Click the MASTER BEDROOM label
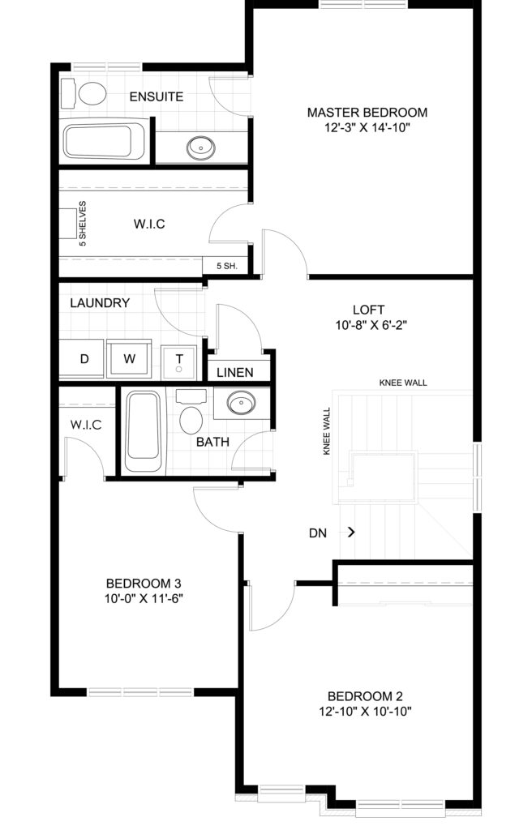[367, 112]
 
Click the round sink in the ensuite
[201, 148]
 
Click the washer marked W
[129, 358]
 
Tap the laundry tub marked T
[179, 362]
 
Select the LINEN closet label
[234, 372]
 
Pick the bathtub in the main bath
[143, 431]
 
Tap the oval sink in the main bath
[242, 403]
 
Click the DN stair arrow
[351, 532]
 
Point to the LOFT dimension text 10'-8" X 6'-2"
[371, 325]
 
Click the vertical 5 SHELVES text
[82, 224]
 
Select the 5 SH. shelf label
[227, 266]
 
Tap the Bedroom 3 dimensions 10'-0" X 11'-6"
[144, 599]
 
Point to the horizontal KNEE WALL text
[403, 383]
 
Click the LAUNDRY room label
[100, 303]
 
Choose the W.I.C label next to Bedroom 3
[86, 425]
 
